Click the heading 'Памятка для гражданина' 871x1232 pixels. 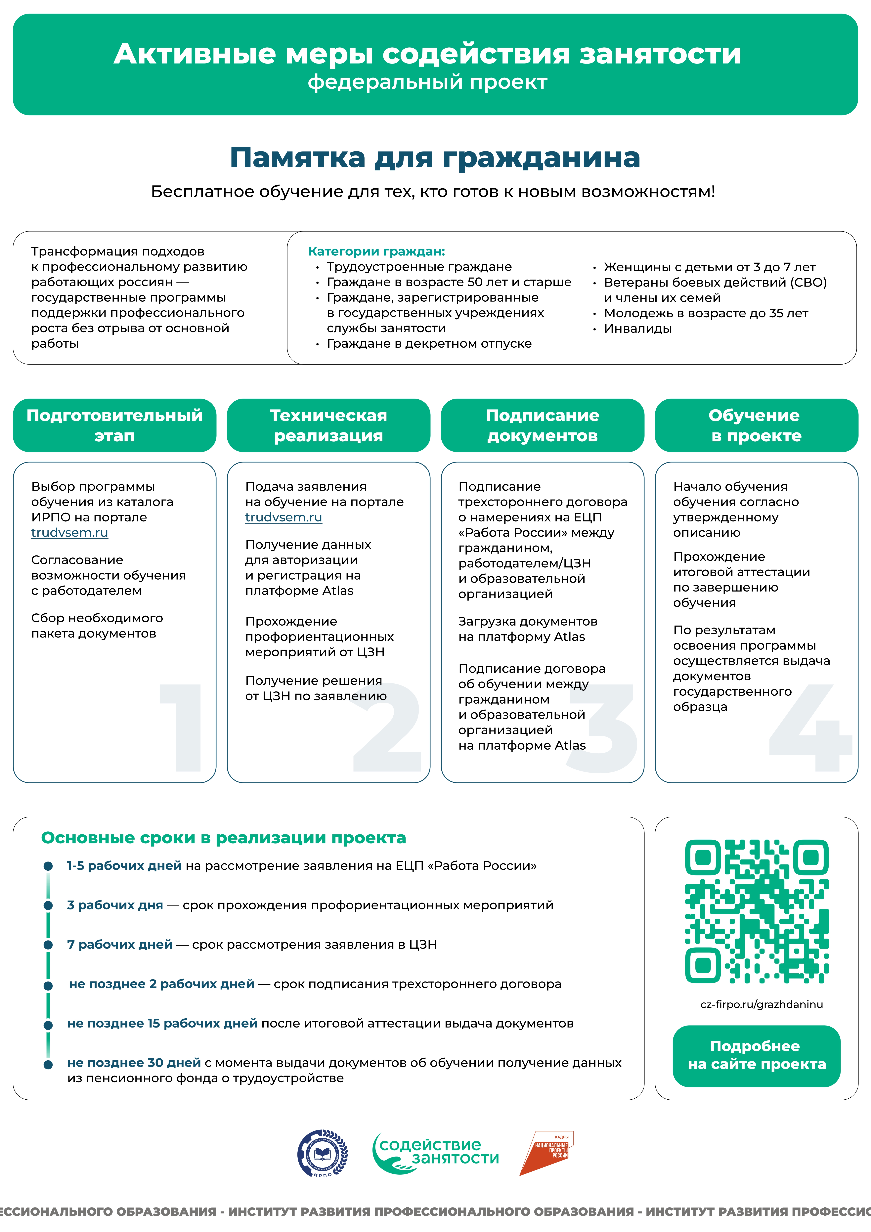click(435, 158)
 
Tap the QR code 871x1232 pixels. click(757, 911)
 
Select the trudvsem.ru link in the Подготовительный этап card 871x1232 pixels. click(70, 533)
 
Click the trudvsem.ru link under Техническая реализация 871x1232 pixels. click(283, 517)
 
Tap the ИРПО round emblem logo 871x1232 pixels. click(323, 1154)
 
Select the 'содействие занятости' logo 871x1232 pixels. click(436, 1153)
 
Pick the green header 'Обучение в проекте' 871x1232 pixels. click(756, 425)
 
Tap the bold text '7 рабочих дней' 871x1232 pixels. click(120, 944)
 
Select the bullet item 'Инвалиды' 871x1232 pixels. click(637, 328)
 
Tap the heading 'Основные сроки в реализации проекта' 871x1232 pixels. click(223, 838)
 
